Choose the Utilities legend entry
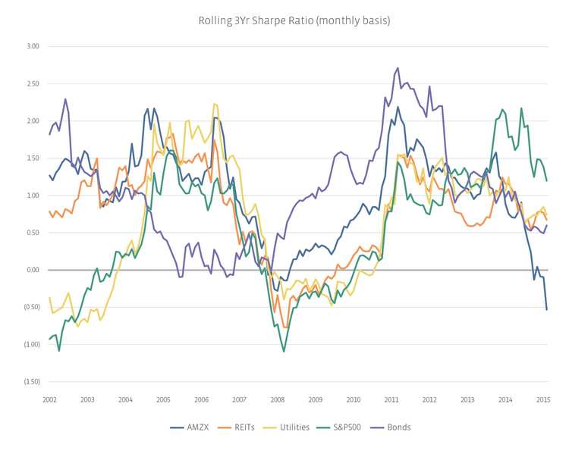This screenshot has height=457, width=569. coord(292,427)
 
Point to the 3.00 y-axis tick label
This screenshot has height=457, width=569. coord(32,47)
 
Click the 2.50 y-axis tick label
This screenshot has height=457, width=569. coord(32,84)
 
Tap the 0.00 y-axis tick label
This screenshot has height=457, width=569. coord(32,270)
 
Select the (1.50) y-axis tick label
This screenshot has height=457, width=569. coord(31,381)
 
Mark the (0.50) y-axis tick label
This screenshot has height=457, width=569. coord(31,307)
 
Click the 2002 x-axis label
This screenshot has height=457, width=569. coord(50,399)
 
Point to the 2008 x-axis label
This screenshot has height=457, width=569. coord(278,399)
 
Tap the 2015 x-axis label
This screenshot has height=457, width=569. coord(543,399)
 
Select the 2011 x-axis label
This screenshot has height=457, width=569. coord(391,399)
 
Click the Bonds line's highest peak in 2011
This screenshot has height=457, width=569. coord(398,67)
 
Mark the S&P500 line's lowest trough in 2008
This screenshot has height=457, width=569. coord(284,351)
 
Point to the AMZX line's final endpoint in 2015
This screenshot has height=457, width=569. coord(547,309)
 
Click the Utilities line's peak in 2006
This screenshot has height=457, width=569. coord(215,104)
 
